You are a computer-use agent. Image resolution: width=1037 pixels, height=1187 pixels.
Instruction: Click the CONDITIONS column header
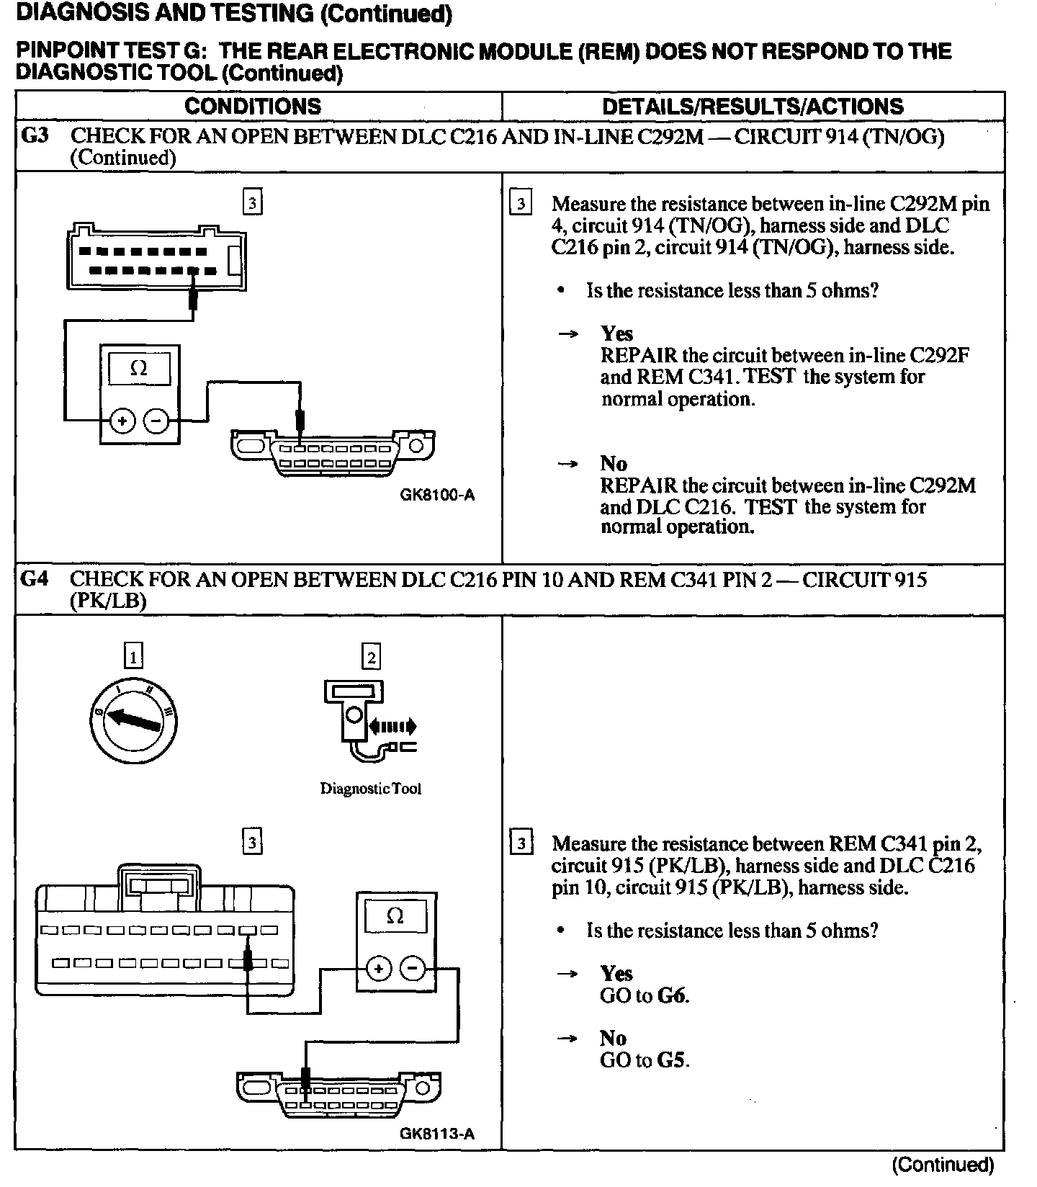(253, 107)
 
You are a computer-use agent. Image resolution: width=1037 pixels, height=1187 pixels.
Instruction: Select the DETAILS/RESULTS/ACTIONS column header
(753, 107)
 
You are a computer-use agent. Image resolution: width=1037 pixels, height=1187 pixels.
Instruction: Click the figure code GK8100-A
(437, 495)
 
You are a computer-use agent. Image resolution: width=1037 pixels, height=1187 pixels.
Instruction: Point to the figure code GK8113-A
(437, 1134)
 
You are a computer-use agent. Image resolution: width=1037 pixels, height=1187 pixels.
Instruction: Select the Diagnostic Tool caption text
(370, 789)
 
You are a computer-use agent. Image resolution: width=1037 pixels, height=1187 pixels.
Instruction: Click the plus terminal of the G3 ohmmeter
(122, 421)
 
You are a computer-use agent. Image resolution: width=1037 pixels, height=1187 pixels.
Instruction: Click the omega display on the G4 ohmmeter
(395, 917)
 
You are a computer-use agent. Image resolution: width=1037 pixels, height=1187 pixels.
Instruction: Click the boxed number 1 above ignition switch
(133, 656)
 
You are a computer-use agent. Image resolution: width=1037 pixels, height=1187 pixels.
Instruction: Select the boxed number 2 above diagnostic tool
(371, 656)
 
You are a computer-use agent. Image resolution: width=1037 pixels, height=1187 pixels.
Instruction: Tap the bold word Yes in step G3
(617, 333)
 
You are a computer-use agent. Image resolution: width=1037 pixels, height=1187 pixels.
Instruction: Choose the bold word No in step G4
(614, 1038)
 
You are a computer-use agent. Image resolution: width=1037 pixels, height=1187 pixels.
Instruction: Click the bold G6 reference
(673, 996)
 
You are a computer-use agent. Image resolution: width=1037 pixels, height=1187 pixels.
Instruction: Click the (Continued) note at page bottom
(943, 1165)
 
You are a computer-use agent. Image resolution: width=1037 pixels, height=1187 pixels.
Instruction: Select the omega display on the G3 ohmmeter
(139, 369)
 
